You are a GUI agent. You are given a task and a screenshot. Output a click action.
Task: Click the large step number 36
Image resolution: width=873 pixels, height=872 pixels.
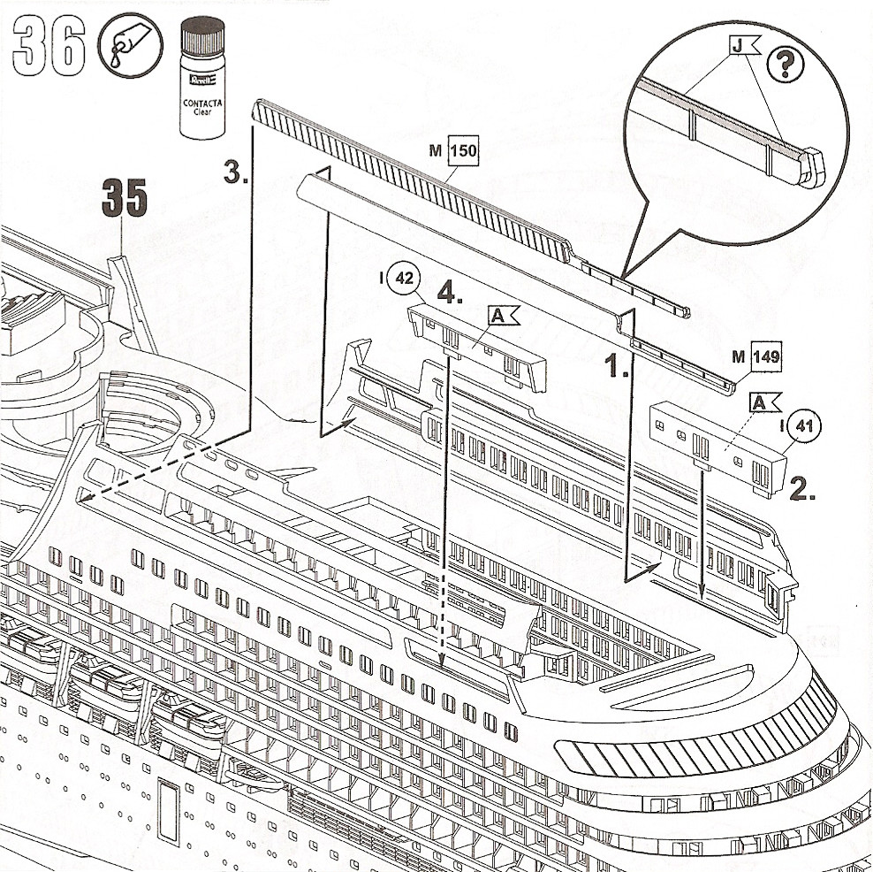click(49, 46)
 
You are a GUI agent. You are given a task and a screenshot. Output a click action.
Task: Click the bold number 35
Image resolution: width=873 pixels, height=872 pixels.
click(123, 199)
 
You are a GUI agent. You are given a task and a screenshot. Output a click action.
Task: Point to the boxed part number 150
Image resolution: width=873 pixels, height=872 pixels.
click(463, 151)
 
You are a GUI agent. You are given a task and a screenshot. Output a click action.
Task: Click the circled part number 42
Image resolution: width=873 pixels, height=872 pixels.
click(405, 278)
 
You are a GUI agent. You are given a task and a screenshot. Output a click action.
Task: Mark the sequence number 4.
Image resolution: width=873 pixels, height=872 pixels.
click(450, 294)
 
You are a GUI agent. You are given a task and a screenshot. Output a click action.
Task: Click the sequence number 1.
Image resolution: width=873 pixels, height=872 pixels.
click(616, 365)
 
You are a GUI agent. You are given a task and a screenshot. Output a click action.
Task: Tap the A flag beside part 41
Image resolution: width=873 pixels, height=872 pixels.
click(763, 402)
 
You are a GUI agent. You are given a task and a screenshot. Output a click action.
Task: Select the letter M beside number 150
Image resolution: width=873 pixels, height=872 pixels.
click(436, 151)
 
